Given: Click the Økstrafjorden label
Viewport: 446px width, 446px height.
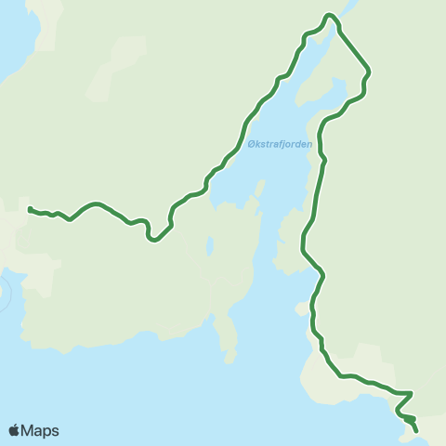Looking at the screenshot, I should click(x=280, y=144).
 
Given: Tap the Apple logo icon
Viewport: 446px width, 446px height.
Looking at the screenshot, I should click(x=14, y=430).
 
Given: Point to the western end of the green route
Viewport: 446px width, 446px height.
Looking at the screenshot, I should click(x=31, y=209).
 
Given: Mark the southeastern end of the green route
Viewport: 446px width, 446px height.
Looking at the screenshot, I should click(x=415, y=430).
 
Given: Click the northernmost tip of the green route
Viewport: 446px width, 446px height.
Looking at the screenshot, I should click(x=329, y=15).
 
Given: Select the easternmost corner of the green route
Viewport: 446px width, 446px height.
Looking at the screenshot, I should click(x=370, y=71).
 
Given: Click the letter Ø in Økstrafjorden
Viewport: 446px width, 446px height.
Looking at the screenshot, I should click(x=252, y=144).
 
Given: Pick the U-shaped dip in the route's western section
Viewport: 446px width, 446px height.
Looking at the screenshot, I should click(x=151, y=237).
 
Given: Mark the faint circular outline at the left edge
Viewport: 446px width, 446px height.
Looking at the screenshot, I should click(x=4, y=295).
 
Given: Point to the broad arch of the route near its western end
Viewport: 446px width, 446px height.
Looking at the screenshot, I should click(x=93, y=203).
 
